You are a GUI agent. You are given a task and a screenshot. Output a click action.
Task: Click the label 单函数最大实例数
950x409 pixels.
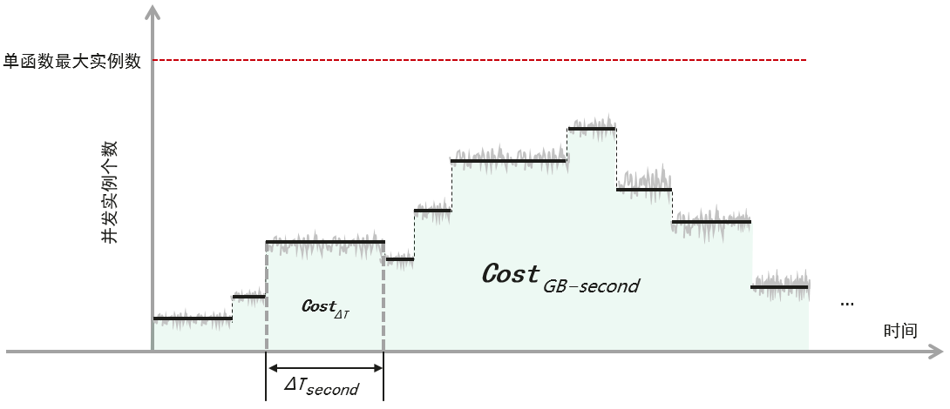71,61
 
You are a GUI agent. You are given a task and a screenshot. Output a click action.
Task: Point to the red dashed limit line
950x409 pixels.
479,60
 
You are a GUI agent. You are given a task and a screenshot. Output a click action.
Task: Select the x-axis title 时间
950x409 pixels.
899,331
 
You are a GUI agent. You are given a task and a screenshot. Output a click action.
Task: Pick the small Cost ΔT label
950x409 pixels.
324,307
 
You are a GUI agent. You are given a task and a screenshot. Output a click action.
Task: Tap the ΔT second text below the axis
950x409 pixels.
322,386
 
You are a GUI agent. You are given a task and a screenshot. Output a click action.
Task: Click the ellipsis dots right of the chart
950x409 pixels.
846,304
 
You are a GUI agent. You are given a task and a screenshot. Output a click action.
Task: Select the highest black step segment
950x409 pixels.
592,129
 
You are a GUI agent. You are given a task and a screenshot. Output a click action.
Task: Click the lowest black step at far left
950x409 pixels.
193,318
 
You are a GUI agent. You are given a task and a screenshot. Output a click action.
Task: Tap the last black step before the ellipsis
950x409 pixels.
779,286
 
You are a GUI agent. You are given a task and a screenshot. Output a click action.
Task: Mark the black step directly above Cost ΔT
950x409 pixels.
324,242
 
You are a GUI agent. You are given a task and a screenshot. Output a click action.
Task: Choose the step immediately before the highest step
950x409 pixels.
509,161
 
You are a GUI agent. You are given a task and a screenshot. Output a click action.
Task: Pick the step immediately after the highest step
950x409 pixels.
644,189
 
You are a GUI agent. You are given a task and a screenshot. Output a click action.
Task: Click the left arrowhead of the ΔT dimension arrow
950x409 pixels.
271,367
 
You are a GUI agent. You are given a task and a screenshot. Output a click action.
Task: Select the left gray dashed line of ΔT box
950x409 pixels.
266,296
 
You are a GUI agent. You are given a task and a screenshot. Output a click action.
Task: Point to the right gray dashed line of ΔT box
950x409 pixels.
383,296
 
